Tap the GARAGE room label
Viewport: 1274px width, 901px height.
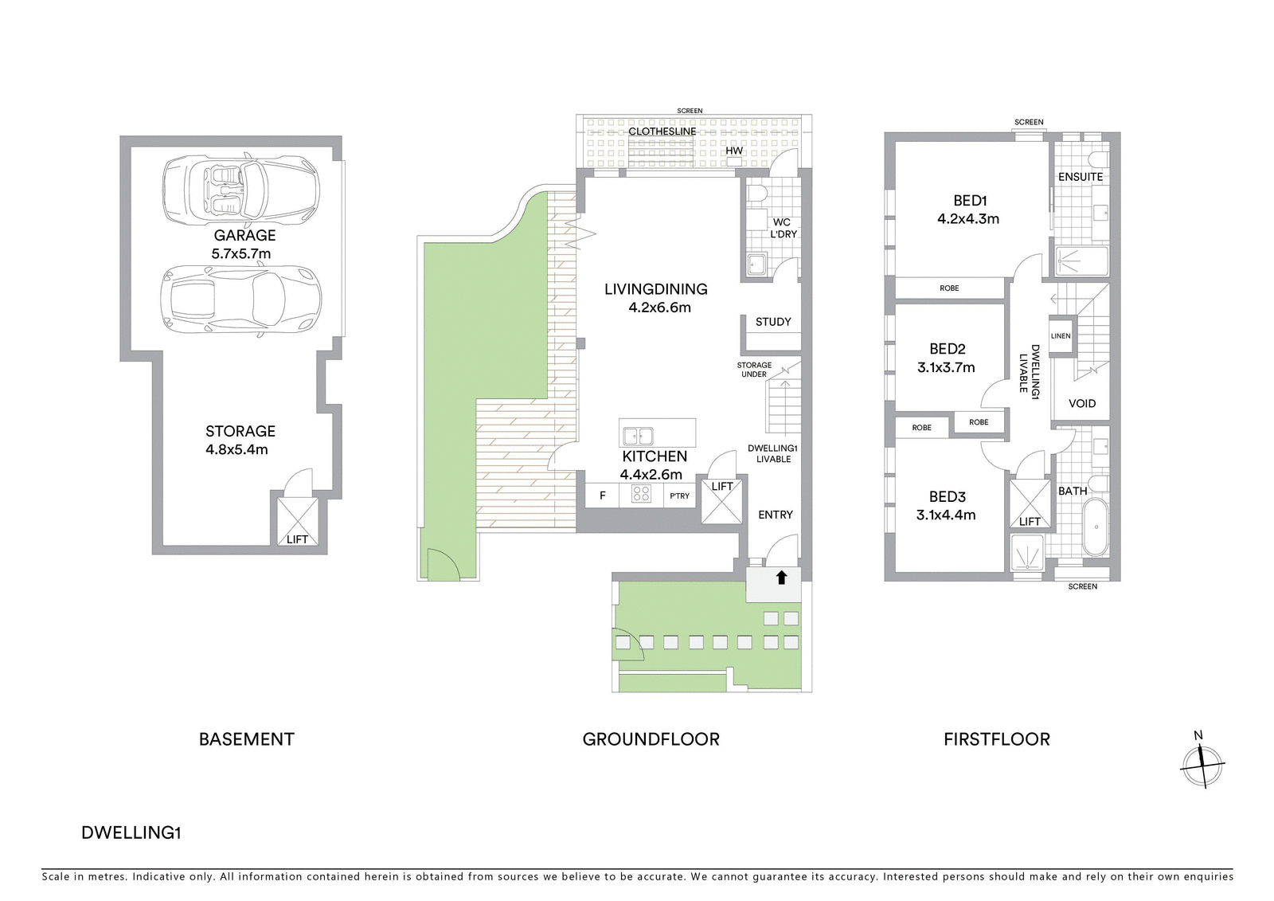click(x=244, y=235)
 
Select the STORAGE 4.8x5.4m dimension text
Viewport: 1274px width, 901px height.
click(x=236, y=449)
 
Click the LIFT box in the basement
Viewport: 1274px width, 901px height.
click(x=298, y=522)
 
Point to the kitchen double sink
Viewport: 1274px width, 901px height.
click(x=638, y=436)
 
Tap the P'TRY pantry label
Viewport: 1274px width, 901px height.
click(x=680, y=496)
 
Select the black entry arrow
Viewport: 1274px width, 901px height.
click(x=781, y=578)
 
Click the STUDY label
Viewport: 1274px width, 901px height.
click(x=773, y=322)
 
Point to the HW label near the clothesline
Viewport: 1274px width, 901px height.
click(x=733, y=151)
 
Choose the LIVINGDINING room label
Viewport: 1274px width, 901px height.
click(x=656, y=289)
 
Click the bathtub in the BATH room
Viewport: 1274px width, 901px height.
click(x=1096, y=527)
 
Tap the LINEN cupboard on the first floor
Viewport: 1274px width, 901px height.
click(x=1061, y=336)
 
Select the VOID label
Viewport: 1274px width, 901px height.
click(x=1082, y=404)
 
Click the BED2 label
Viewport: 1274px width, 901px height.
click(x=947, y=349)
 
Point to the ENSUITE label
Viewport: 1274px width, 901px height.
click(x=1081, y=177)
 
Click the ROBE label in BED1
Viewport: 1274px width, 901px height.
click(x=949, y=288)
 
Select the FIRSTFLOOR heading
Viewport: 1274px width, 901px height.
click(x=997, y=739)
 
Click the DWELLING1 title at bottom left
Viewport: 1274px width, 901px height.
click(x=131, y=832)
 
